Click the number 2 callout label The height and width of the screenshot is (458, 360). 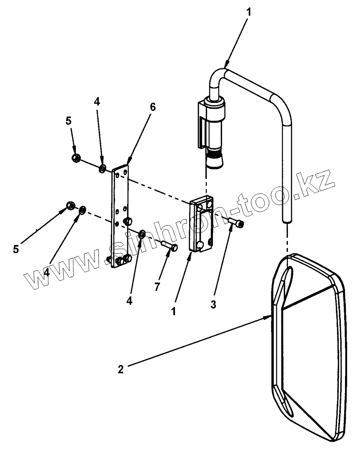[120, 369]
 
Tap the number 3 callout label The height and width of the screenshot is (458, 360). [213, 305]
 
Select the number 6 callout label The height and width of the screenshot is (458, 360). [152, 107]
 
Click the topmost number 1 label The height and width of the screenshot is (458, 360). [249, 12]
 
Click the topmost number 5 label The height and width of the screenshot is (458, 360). [68, 121]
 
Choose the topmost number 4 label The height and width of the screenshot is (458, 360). [97, 102]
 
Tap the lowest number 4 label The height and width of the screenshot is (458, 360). [130, 301]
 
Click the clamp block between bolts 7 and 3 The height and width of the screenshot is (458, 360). [202, 225]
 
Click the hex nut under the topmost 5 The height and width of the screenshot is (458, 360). [76, 158]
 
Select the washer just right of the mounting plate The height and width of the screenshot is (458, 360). [142, 234]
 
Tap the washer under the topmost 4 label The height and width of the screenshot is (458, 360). [102, 169]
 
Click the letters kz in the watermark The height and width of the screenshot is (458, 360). [317, 182]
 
